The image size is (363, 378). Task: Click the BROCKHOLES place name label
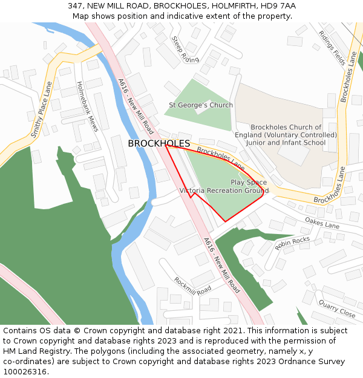[x=159, y=144]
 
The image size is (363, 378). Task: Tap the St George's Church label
[x=201, y=105]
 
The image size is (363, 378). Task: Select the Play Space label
[x=249, y=182]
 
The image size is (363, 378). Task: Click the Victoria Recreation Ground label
[x=224, y=191]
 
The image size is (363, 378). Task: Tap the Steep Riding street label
[x=185, y=50]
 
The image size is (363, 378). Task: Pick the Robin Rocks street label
[x=292, y=244]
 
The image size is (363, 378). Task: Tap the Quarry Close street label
[x=337, y=309]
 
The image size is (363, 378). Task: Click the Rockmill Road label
[x=192, y=286]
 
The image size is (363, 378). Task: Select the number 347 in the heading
[x=75, y=5]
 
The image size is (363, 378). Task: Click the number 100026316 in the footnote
[x=25, y=372]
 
